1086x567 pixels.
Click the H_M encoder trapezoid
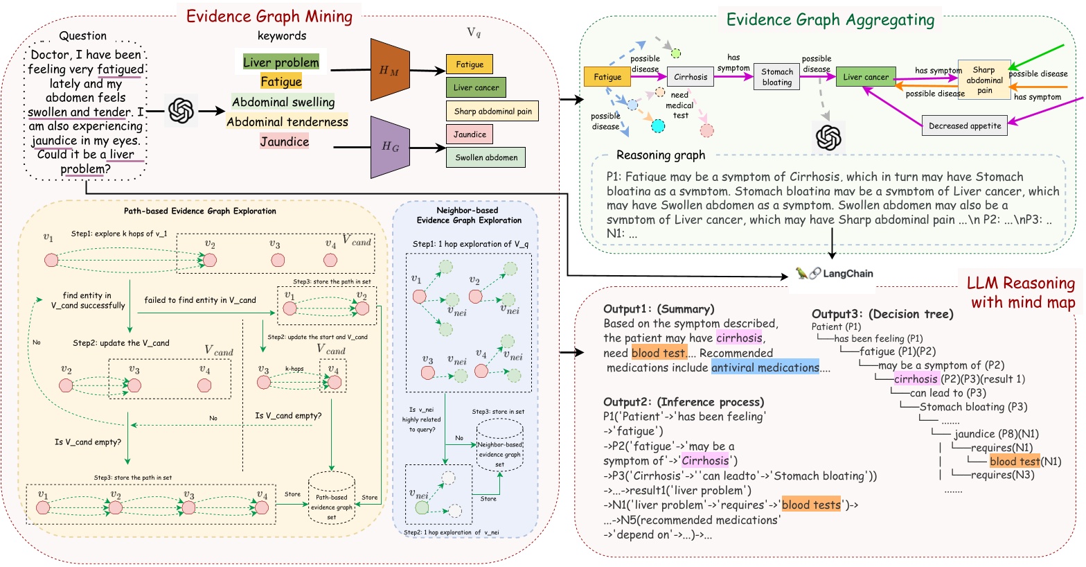[x=391, y=70]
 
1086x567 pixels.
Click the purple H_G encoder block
[x=391, y=147]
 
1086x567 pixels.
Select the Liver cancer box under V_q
[x=476, y=87]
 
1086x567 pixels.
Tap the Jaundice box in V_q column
[x=470, y=134]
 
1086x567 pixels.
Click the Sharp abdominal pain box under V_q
[x=492, y=111]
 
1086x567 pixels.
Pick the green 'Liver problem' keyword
[x=281, y=62]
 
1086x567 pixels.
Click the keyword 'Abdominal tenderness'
[x=287, y=122]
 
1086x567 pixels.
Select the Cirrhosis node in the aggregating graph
[x=691, y=77]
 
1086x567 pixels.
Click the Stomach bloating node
[x=776, y=77]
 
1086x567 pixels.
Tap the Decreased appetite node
[x=965, y=126]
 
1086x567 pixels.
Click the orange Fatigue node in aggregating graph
[x=607, y=77]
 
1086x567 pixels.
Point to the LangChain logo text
[x=847, y=274]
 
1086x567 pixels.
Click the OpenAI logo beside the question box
[x=181, y=110]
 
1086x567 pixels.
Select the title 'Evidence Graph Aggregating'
[x=830, y=20]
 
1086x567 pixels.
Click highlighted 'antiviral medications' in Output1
[x=765, y=368]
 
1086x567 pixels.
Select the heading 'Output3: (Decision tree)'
[x=882, y=314]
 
